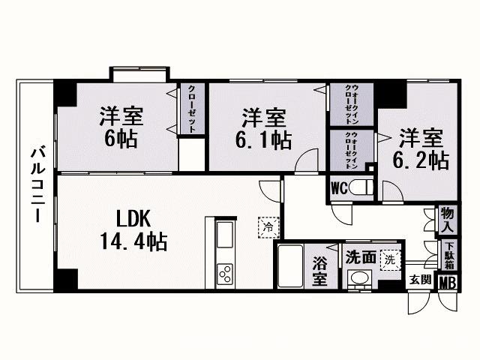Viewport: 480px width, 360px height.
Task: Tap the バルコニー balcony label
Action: tap(38, 185)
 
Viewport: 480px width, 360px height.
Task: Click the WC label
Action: tap(339, 188)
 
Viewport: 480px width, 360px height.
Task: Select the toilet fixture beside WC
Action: tap(361, 187)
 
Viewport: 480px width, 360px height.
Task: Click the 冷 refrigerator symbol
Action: tap(268, 227)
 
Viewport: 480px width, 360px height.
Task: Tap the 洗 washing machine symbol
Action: tap(390, 260)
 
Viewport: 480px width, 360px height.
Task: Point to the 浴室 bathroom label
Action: tap(320, 271)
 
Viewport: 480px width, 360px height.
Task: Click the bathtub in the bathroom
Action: tap(290, 265)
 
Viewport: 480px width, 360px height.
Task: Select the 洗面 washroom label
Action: tap(361, 257)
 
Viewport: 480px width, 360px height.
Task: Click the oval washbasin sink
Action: tap(359, 278)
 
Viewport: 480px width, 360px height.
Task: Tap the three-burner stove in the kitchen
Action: tap(225, 274)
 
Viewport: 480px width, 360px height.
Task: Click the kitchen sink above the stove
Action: tap(225, 235)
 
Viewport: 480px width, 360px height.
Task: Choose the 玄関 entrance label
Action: tap(421, 279)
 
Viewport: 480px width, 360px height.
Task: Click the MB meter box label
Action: tap(448, 283)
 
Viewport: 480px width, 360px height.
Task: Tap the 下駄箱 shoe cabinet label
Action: tap(449, 256)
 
